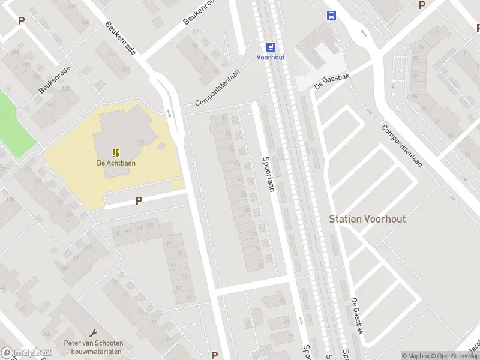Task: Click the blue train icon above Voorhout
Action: click(271, 47)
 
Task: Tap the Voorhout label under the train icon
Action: click(271, 58)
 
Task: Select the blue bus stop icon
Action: click(331, 16)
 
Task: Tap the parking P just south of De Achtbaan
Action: click(139, 201)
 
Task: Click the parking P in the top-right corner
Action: click(422, 5)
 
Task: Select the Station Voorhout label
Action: click(367, 219)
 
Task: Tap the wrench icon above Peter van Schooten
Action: click(93, 332)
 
